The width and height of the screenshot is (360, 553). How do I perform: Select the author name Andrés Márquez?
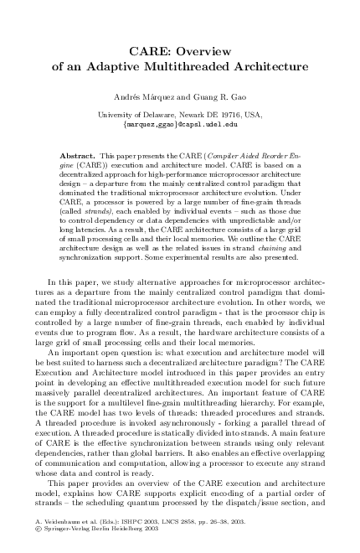click(148, 99)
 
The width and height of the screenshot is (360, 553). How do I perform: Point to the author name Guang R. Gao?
click(223, 99)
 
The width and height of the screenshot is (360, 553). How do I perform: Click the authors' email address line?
click(180, 124)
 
